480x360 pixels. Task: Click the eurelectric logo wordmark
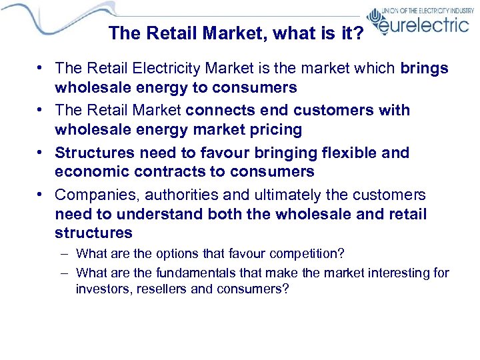pyautogui.click(x=423, y=25)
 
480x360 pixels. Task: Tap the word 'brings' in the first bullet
pyautogui.click(x=424, y=68)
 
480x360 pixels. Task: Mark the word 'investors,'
pyautogui.click(x=103, y=289)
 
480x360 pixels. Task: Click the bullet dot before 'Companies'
pyautogui.click(x=41, y=195)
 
